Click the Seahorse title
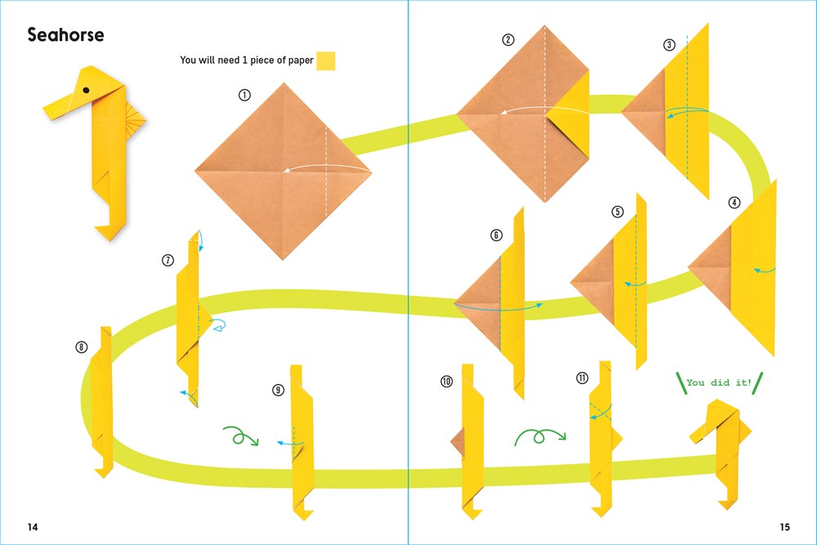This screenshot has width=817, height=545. coord(65,35)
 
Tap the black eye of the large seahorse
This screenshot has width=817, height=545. coord(86,90)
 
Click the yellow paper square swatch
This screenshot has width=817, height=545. coord(326,61)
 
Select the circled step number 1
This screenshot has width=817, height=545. coord(244,95)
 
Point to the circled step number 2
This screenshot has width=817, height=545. coord(508,39)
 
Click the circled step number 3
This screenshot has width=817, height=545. coord(670,45)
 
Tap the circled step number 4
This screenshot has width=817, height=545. coord(734,203)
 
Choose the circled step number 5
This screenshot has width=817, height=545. coord(618,212)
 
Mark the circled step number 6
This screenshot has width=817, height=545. coord(497,235)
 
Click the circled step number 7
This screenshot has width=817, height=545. coord(167,260)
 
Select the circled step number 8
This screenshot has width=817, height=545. coord(81,347)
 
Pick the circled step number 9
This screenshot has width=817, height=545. coord(279,390)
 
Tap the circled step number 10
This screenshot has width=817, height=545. coord(447,382)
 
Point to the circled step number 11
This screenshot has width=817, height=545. coord(582,377)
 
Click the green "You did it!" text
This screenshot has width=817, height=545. coord(719,382)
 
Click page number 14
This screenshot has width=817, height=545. coord(33,527)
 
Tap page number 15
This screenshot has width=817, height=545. coord(784,527)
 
